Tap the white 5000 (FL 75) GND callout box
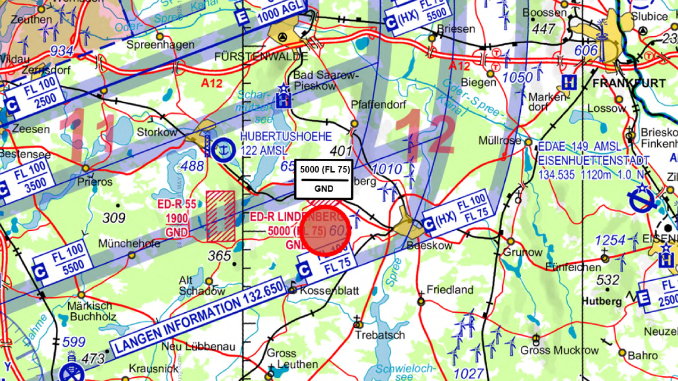(324, 179)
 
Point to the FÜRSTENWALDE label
(261, 56)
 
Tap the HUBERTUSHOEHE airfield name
(286, 137)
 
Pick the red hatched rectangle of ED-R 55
(220, 216)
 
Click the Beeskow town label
(429, 246)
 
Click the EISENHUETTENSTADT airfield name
(594, 160)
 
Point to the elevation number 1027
(469, 373)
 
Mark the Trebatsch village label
(381, 335)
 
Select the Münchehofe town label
(130, 244)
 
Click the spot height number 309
(114, 218)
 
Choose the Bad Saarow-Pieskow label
(322, 80)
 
